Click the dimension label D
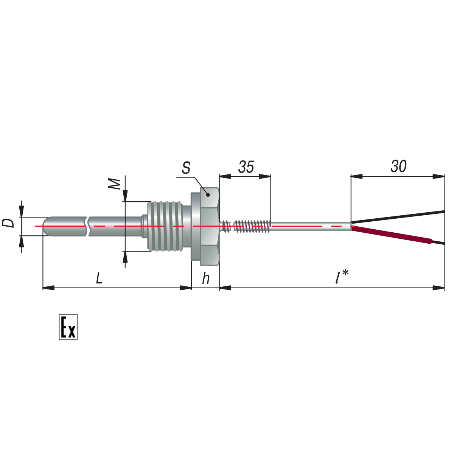pyautogui.click(x=8, y=223)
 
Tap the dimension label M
pyautogui.click(x=115, y=184)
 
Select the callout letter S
pyautogui.click(x=186, y=168)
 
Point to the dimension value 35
pyautogui.click(x=246, y=167)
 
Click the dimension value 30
pyautogui.click(x=399, y=166)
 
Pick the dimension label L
pyautogui.click(x=99, y=278)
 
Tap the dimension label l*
pyautogui.click(x=342, y=277)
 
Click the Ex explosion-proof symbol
pyautogui.click(x=68, y=327)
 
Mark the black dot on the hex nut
pyautogui.click(x=208, y=195)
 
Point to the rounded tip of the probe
pyautogui.click(x=46, y=226)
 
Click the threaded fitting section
pyautogui.click(x=165, y=226)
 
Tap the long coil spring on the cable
pyautogui.click(x=251, y=226)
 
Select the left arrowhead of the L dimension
pyautogui.click(x=48, y=288)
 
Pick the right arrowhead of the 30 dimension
pyautogui.click(x=438, y=176)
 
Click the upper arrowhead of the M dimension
pyautogui.click(x=125, y=196)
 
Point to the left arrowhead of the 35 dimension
pyautogui.click(x=225, y=176)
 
